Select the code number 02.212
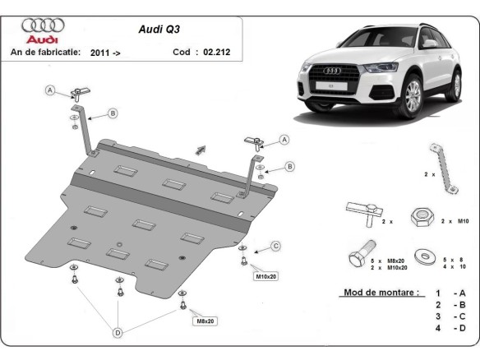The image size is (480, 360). [215, 51]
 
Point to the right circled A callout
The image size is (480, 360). [284, 140]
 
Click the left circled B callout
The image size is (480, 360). [113, 113]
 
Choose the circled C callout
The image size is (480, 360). [276, 245]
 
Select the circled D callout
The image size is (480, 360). [119, 332]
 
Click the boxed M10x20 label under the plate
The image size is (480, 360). [267, 275]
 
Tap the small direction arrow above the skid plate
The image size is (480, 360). [199, 149]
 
